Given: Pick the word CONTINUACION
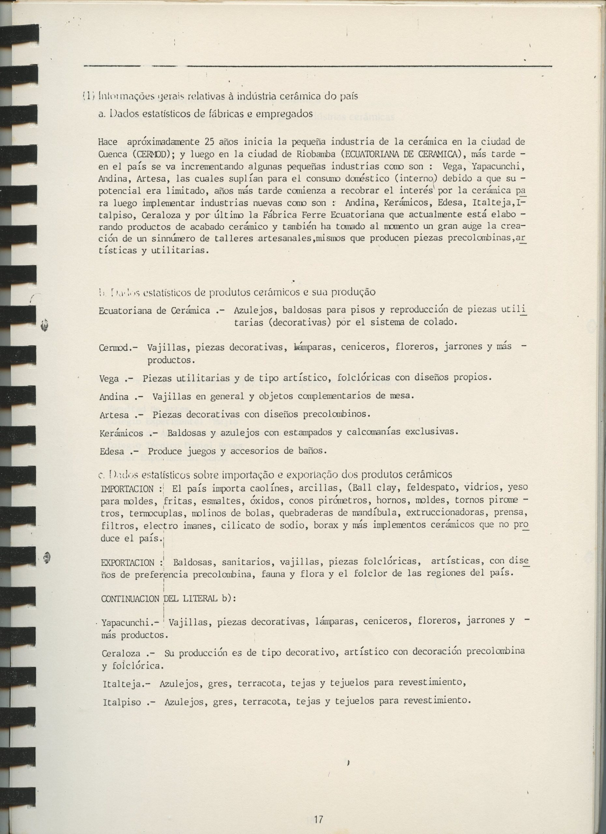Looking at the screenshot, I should (x=130, y=599).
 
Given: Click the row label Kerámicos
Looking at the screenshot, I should (x=121, y=434).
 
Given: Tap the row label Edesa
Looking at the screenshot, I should (x=112, y=451).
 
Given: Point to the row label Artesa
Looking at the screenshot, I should (x=114, y=415).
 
